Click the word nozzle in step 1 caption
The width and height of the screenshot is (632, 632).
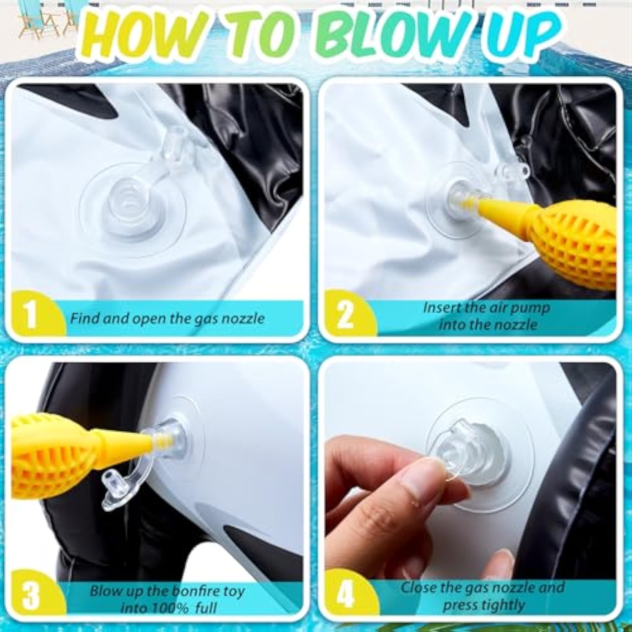(x=243, y=319)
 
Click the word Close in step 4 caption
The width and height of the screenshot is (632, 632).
(x=418, y=587)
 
